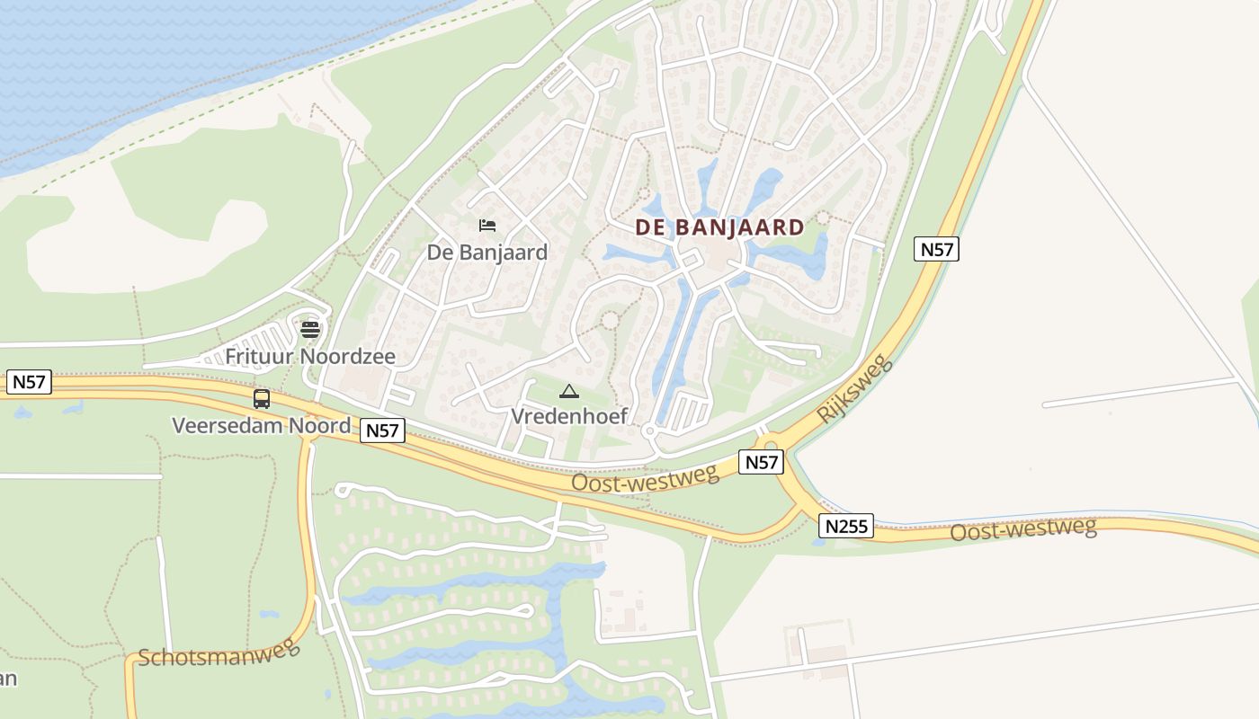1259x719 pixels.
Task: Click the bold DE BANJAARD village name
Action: pos(719,227)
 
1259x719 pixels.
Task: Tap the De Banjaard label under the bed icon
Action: pos(487,253)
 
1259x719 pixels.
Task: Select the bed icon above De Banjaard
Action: pos(487,225)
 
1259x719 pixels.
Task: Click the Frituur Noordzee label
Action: pos(309,357)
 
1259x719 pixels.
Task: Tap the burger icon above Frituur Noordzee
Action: pos(310,329)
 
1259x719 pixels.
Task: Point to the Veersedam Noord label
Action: pos(261,425)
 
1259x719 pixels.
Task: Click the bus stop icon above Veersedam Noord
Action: pos(262,398)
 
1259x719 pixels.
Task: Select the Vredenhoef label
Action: pos(568,416)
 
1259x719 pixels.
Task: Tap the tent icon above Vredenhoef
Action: pos(568,391)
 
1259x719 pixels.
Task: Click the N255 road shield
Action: pos(846,526)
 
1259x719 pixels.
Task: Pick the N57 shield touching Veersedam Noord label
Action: pos(382,431)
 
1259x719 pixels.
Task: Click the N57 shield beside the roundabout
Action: pos(761,463)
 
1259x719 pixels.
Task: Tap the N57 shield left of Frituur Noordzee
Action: pos(29,382)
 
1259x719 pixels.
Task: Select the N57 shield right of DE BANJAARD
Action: pos(936,249)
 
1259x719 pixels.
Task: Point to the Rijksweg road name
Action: pos(855,389)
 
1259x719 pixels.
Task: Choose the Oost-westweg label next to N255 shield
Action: pos(1023,529)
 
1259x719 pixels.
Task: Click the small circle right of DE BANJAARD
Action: pos(823,218)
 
